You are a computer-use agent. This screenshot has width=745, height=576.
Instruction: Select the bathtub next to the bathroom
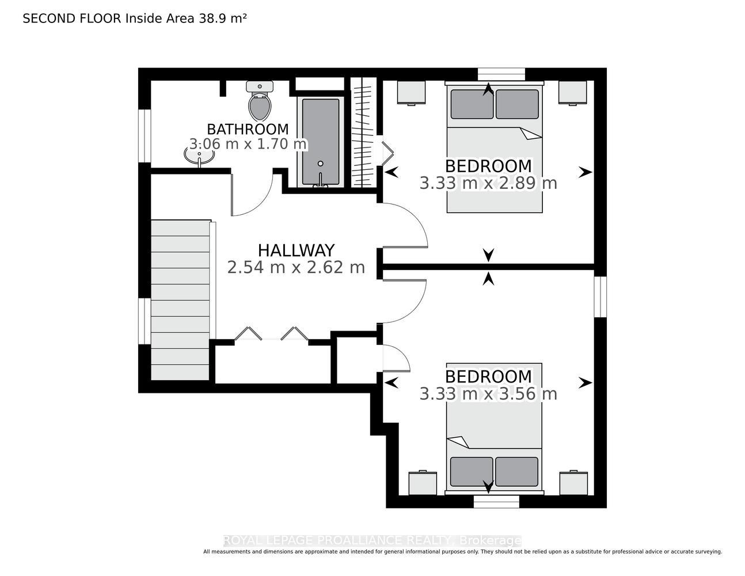pyautogui.click(x=320, y=142)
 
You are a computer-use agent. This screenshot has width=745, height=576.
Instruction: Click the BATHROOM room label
pyautogui.click(x=248, y=129)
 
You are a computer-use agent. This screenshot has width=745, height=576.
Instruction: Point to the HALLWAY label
pyautogui.click(x=296, y=251)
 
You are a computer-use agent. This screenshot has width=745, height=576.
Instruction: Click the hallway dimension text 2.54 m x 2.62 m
pyautogui.click(x=296, y=267)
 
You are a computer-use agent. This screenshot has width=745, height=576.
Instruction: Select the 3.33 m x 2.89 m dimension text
pyautogui.click(x=488, y=183)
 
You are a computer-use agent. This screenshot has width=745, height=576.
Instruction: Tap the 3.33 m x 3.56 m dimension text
pyautogui.click(x=488, y=393)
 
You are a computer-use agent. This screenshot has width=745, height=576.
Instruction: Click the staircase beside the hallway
pyautogui.click(x=180, y=300)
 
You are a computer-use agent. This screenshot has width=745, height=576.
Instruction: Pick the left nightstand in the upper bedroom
pyautogui.click(x=411, y=92)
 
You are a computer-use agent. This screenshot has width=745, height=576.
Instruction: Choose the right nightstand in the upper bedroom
pyautogui.click(x=572, y=92)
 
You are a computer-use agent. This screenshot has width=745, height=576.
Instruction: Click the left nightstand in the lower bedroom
pyautogui.click(x=423, y=483)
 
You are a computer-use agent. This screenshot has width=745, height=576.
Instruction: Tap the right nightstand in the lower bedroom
pyautogui.click(x=573, y=483)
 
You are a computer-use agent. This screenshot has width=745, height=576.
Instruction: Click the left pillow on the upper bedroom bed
pyautogui.click(x=472, y=104)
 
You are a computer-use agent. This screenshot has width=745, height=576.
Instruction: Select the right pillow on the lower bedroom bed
pyautogui.click(x=516, y=471)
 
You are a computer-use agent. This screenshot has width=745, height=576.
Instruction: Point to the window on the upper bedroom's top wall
pyautogui.click(x=501, y=74)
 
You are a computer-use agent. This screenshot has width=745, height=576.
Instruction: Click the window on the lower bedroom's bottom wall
pyautogui.click(x=496, y=501)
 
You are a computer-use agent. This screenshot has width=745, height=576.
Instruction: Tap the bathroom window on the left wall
pyautogui.click(x=145, y=136)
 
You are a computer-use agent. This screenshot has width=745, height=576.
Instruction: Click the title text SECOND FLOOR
pyautogui.click(x=72, y=18)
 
